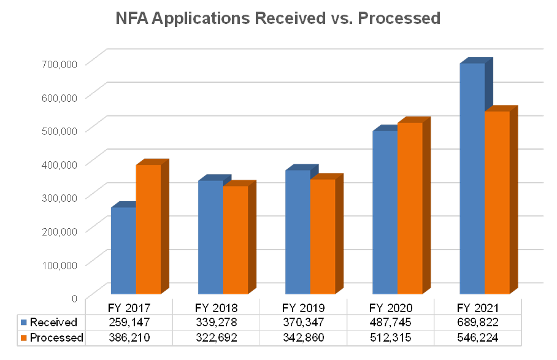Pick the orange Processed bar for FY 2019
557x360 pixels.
click(x=323, y=236)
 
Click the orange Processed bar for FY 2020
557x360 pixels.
click(x=410, y=208)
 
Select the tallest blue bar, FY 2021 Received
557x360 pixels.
click(x=472, y=178)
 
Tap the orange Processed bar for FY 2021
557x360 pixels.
click(x=497, y=202)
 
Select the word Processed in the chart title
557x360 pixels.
click(x=399, y=18)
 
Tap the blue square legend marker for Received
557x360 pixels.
click(x=24, y=322)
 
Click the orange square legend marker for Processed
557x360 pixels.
click(x=24, y=337)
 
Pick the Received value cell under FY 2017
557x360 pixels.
click(x=129, y=322)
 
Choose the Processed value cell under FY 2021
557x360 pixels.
click(x=478, y=337)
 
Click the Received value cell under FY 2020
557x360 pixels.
click(x=391, y=322)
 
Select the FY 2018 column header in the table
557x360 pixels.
click(x=217, y=307)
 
